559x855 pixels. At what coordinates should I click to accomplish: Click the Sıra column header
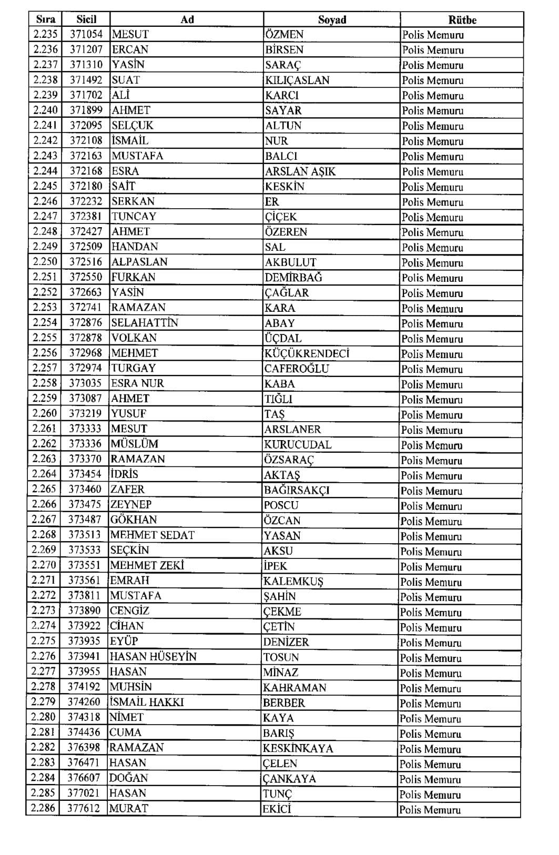tap(45, 19)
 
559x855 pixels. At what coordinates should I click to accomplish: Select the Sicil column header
tap(86, 19)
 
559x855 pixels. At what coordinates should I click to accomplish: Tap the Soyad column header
tap(332, 20)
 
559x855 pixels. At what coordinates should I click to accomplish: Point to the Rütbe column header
tap(462, 20)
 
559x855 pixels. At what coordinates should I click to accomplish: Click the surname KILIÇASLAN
tap(297, 80)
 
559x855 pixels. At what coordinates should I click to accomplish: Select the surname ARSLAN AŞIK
tap(300, 171)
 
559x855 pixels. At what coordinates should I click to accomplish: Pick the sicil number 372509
tap(86, 247)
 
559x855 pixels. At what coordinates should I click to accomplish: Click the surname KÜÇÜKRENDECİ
tap(307, 353)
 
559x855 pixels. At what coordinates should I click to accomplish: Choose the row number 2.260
tap(44, 413)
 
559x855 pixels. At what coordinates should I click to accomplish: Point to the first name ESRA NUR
tap(137, 383)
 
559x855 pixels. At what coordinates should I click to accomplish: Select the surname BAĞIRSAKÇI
tap(297, 490)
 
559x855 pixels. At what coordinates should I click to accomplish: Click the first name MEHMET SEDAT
tap(152, 535)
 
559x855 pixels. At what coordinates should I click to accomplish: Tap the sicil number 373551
tap(84, 566)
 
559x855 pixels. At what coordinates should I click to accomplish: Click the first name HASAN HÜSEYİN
tap(153, 657)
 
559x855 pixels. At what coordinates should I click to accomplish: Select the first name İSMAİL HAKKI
tap(147, 702)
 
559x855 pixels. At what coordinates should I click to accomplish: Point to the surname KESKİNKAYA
tap(298, 748)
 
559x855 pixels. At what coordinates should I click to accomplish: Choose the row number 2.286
tap(43, 808)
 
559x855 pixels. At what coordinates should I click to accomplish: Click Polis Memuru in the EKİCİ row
tap(430, 810)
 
